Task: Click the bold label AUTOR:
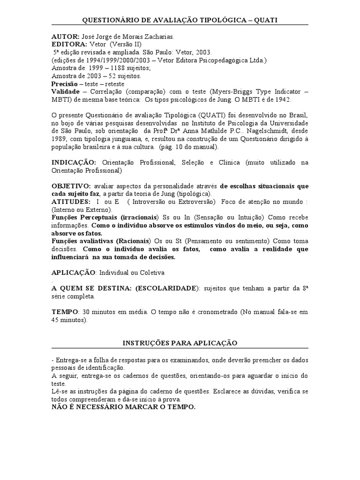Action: pyautogui.click(x=65, y=36)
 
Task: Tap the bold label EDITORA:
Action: pyautogui.click(x=69, y=44)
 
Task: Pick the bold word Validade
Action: pyautogui.click(x=65, y=91)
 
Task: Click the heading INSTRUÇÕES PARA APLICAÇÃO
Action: pyautogui.click(x=180, y=343)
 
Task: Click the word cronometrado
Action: pyautogui.click(x=209, y=312)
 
